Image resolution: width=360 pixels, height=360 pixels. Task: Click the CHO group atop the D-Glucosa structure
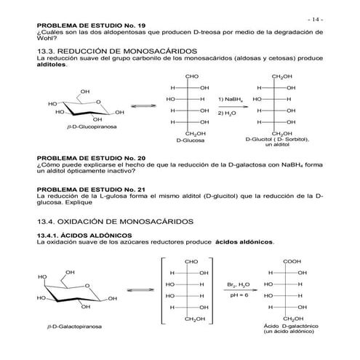coord(192,76)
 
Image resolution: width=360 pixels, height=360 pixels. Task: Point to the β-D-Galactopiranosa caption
coord(74,327)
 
